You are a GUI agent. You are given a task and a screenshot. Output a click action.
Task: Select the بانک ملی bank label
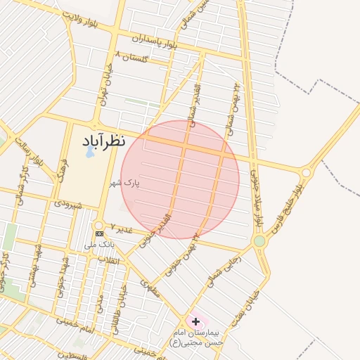(99, 244)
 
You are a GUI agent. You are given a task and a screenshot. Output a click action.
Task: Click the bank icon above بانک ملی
(99, 233)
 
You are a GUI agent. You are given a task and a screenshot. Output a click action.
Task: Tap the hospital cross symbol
(195, 321)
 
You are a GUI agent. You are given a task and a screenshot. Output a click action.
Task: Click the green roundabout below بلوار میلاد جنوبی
(259, 241)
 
